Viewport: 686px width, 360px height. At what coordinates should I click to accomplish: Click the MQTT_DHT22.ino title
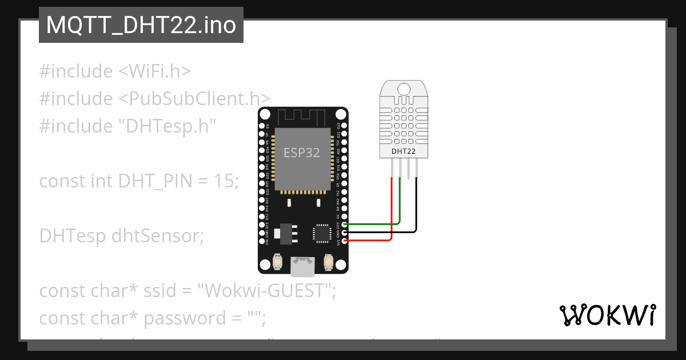(x=141, y=25)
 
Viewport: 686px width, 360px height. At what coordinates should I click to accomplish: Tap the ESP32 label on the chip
(x=301, y=153)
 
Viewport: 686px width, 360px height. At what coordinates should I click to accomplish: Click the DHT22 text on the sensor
(x=403, y=151)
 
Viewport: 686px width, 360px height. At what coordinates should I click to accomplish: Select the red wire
(x=391, y=211)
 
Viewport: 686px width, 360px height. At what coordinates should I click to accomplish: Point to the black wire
(x=416, y=206)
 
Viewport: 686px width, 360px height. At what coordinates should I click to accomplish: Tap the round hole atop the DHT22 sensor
(x=404, y=89)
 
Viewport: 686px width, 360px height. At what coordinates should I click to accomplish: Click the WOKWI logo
(x=607, y=315)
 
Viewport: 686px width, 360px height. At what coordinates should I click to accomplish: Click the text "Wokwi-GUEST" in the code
(x=265, y=291)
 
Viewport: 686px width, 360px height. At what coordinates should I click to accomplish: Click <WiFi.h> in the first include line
(x=154, y=71)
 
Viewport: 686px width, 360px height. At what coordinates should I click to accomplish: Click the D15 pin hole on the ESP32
(x=345, y=225)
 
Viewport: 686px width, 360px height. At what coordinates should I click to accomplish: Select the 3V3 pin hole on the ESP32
(x=345, y=241)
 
